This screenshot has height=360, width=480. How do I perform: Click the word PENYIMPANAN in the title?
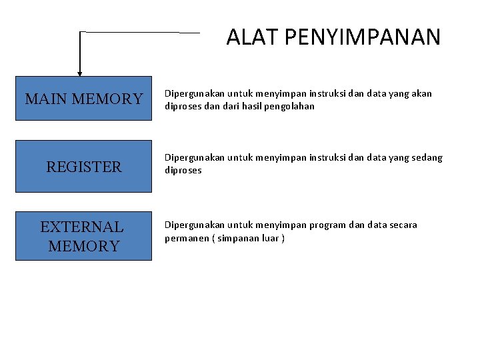click(362, 37)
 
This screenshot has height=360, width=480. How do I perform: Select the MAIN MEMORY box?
click(83, 99)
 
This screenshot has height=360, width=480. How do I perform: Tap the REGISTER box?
click(83, 167)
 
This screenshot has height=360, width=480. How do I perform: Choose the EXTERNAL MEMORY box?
click(83, 236)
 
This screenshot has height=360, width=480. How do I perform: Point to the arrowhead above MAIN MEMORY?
click(80, 73)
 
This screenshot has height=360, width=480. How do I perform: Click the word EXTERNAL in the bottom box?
click(82, 227)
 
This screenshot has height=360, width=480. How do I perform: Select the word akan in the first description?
click(422, 93)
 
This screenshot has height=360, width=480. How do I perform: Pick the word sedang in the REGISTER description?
click(427, 158)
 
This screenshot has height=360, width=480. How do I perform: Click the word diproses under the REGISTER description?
click(183, 171)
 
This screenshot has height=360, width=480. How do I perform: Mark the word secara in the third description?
click(402, 225)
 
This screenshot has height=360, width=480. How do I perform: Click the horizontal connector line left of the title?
click(140, 32)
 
